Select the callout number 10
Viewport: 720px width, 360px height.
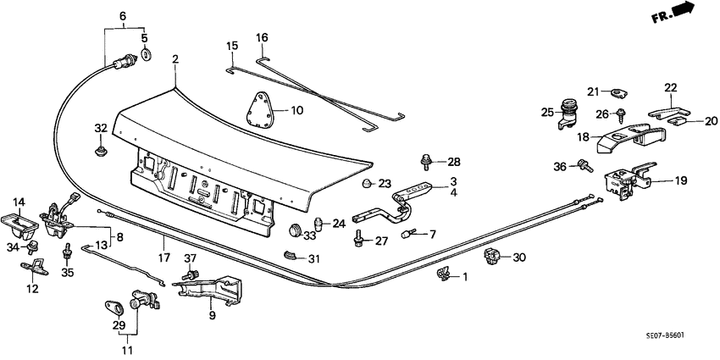296,110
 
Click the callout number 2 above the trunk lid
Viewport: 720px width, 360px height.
175,59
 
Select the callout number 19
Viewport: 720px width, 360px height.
679,180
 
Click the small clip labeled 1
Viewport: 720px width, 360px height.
442,273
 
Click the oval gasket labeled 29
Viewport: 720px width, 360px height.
113,306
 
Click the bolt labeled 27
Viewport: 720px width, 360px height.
359,241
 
